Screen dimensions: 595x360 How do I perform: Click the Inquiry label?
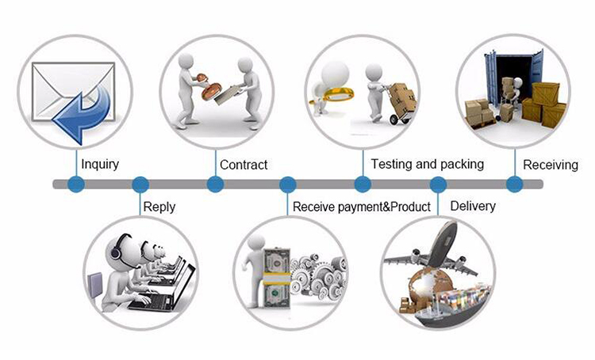tap(100, 165)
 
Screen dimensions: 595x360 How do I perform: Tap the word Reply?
tap(159, 208)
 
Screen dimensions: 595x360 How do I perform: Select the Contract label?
tap(244, 165)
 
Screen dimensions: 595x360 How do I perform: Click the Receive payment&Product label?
tap(362, 207)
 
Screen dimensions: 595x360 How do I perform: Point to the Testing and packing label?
tap(428, 164)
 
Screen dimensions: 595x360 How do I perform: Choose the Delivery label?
tap(473, 206)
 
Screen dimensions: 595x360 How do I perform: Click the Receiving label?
tap(551, 165)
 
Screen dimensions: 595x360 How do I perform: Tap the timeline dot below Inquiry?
tap(76, 185)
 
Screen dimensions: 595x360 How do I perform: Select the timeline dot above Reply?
tap(140, 185)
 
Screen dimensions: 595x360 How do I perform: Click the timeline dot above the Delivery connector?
tap(438, 185)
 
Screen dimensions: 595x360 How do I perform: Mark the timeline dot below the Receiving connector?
tap(515, 185)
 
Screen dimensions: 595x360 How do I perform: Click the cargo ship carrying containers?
tap(451, 305)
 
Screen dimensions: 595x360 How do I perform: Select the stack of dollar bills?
tap(277, 278)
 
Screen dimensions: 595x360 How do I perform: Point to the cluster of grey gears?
tap(318, 276)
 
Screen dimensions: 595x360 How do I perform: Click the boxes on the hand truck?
tap(403, 96)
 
